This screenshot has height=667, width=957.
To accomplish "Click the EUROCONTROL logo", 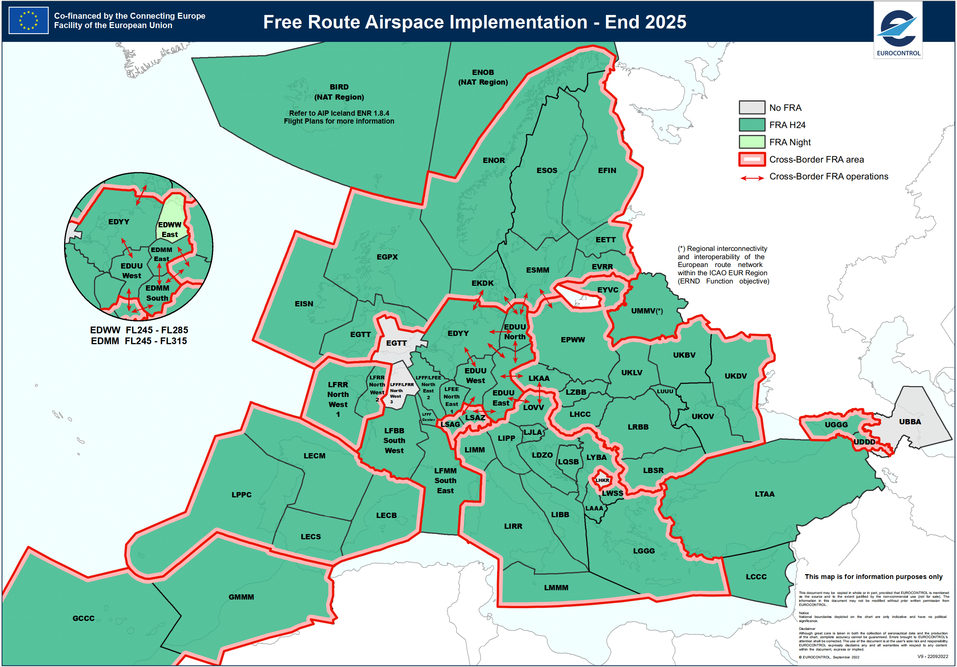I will (898, 30).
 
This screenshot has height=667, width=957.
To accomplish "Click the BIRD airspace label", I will (339, 87).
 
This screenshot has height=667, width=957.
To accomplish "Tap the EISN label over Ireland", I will (304, 304).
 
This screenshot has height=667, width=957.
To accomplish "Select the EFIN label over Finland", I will (606, 170).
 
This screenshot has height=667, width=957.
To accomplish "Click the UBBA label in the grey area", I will (909, 422).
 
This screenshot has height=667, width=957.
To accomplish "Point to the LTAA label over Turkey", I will (764, 494).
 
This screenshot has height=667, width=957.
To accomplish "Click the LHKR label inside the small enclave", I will (602, 480).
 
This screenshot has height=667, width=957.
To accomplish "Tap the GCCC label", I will (84, 618).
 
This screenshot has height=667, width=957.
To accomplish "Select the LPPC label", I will (241, 495).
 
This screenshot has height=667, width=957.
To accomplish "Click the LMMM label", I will (555, 588).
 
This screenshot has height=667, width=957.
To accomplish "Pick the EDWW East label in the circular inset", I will (170, 230).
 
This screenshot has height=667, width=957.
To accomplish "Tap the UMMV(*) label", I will (646, 311).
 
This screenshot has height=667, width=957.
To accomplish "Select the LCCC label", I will (756, 577).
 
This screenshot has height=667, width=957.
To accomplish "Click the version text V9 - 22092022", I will (932, 657).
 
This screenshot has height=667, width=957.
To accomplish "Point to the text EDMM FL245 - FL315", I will (139, 341).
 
